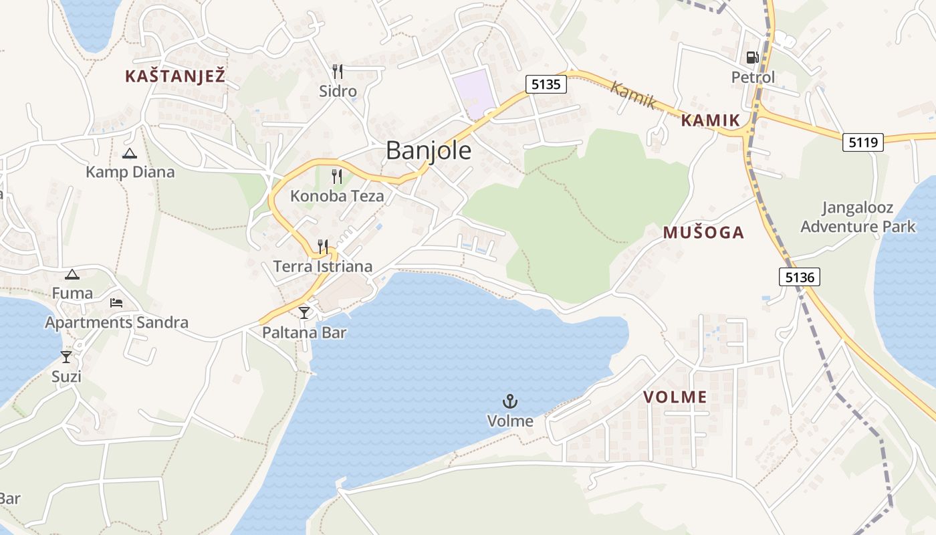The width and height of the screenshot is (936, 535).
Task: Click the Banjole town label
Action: (429, 150)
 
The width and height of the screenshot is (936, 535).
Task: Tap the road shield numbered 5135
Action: (546, 84)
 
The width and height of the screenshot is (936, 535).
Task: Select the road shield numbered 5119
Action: (863, 142)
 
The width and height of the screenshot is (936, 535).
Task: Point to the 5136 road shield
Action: (799, 277)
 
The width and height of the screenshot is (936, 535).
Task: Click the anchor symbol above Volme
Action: (510, 401)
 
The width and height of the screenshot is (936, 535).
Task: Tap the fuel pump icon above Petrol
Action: (753, 58)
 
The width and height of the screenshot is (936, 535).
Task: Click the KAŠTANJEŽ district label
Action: (174, 76)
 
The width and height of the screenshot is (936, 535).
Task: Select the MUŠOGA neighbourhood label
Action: (703, 233)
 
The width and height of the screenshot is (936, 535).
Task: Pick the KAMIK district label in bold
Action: (711, 121)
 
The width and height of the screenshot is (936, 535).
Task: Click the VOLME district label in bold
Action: (675, 397)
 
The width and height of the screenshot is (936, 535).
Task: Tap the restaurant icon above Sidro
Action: (338, 71)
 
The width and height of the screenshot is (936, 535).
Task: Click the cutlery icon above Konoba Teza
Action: (337, 177)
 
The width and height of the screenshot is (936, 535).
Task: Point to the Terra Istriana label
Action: (323, 266)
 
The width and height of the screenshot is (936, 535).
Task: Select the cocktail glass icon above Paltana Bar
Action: (304, 312)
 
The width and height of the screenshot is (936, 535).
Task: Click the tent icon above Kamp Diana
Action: (130, 153)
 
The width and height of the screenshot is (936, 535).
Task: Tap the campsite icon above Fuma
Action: (72, 274)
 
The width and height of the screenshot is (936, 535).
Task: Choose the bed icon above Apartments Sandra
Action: (116, 303)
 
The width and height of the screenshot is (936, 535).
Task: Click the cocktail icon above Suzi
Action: (66, 356)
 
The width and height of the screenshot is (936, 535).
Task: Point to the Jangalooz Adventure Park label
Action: (858, 217)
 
